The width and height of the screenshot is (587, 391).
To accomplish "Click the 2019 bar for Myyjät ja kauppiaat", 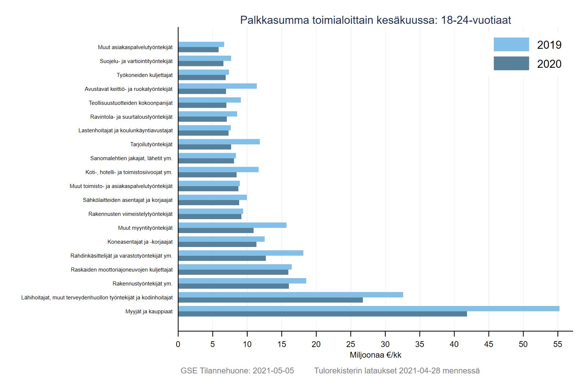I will pyautogui.click(x=369, y=309).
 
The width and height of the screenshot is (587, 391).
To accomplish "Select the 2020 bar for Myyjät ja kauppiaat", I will pyautogui.click(x=322, y=314).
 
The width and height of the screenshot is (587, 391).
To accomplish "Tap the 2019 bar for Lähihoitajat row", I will pyautogui.click(x=291, y=295).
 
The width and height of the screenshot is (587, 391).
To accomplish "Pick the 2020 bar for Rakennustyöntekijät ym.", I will pyautogui.click(x=233, y=286).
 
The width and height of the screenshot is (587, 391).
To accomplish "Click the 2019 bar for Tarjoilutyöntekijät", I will pyautogui.click(x=219, y=142).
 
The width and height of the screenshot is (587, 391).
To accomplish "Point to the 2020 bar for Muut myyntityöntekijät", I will pyautogui.click(x=216, y=230).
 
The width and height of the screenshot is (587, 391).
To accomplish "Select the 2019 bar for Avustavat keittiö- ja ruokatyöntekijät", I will pyautogui.click(x=218, y=86).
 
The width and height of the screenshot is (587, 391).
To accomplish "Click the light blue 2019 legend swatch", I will pyautogui.click(x=511, y=44).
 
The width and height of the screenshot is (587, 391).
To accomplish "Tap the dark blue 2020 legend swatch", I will pyautogui.click(x=511, y=63).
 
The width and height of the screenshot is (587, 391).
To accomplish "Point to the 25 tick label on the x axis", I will pyautogui.click(x=350, y=344).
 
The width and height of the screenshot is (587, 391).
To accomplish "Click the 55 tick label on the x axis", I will pyautogui.click(x=558, y=344).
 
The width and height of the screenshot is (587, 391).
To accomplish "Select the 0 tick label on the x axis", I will pyautogui.click(x=178, y=344).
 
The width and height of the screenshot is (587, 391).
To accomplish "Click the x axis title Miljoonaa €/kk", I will pyautogui.click(x=375, y=355).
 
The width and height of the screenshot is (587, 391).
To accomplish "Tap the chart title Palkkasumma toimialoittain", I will pyautogui.click(x=375, y=20).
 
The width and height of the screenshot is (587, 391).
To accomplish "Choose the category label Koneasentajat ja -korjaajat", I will pyautogui.click(x=140, y=242).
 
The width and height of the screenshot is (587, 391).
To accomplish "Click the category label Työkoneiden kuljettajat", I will pyautogui.click(x=145, y=75).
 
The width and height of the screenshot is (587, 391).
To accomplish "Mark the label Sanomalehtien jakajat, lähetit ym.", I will pyautogui.click(x=131, y=158).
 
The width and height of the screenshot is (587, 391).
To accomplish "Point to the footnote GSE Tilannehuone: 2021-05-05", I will pyautogui.click(x=237, y=370).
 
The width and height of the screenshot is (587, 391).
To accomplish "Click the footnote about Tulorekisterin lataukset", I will pyautogui.click(x=397, y=370).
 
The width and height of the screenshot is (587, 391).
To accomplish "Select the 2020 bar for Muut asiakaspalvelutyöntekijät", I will pyautogui.click(x=198, y=50).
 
